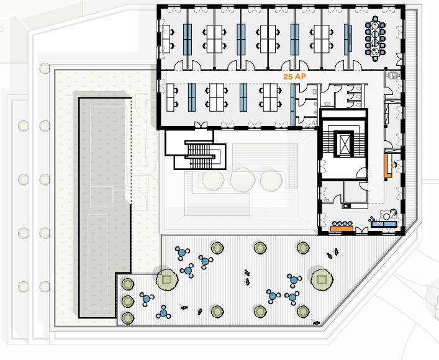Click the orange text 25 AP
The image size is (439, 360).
point(294,77)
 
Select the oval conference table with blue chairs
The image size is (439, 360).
point(375,38)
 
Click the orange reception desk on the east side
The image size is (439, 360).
point(388,166)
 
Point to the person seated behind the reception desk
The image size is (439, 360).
point(394,165)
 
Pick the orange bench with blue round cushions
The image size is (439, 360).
point(342,227)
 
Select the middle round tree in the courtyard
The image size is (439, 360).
point(242,180)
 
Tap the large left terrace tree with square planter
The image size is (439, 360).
point(167,280)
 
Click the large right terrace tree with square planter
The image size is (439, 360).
point(322,280)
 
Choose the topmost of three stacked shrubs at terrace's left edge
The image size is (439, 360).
point(128,284)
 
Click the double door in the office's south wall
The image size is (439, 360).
point(201,125)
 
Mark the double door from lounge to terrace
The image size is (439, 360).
point(362,231)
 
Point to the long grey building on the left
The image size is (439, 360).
point(105,208)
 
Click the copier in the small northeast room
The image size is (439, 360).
point(392,76)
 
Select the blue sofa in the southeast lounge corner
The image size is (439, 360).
point(384,224)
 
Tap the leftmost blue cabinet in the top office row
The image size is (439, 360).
point(188,39)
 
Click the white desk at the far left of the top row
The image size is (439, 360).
point(166,39)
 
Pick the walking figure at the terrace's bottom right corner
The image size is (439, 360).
point(317,323)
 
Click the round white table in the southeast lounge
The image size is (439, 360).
point(386,216)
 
